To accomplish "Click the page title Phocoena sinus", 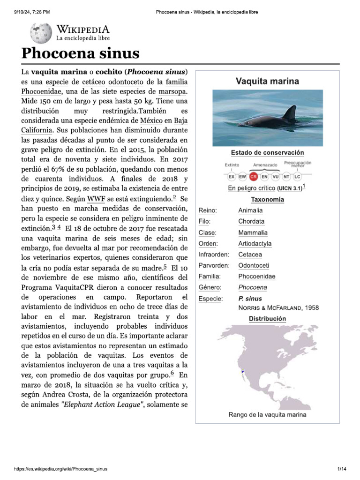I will pyautogui.click(x=81, y=53).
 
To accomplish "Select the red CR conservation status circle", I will pyautogui.click(x=254, y=176).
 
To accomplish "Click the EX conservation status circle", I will pyautogui.click(x=232, y=176).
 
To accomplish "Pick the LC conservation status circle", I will pyautogui.click(x=297, y=176).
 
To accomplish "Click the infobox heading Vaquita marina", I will pyautogui.click(x=267, y=82).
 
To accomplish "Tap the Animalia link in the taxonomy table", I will pyautogui.click(x=250, y=210).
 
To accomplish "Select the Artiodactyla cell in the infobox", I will pyautogui.click(x=255, y=244).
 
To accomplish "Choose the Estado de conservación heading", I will pyautogui.click(x=267, y=153).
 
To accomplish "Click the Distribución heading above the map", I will pyautogui.click(x=267, y=319).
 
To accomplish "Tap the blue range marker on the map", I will pyautogui.click(x=243, y=372).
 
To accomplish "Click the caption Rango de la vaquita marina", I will pyautogui.click(x=267, y=414).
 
